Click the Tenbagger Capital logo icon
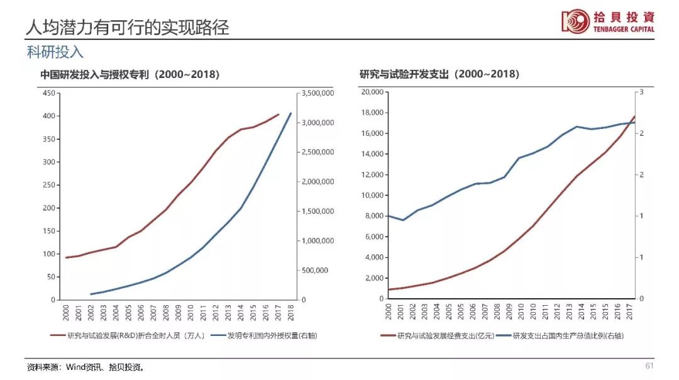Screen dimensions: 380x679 coord(575,20)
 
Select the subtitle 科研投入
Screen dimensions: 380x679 coord(55,52)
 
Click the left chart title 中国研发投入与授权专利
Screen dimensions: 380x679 coord(130,74)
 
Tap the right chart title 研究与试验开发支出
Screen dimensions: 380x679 coord(439,74)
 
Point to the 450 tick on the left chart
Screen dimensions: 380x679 coord(48,93)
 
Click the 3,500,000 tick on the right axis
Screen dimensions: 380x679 coord(317,93)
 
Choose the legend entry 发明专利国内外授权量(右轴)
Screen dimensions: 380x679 coord(264,335)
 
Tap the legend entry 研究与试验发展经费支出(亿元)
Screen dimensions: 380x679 coord(436,335)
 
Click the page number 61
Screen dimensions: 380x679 coord(650,366)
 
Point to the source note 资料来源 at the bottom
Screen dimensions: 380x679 coord(84,367)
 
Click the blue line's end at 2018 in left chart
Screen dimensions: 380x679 coord(290,113)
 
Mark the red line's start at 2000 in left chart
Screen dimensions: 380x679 coord(66,257)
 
